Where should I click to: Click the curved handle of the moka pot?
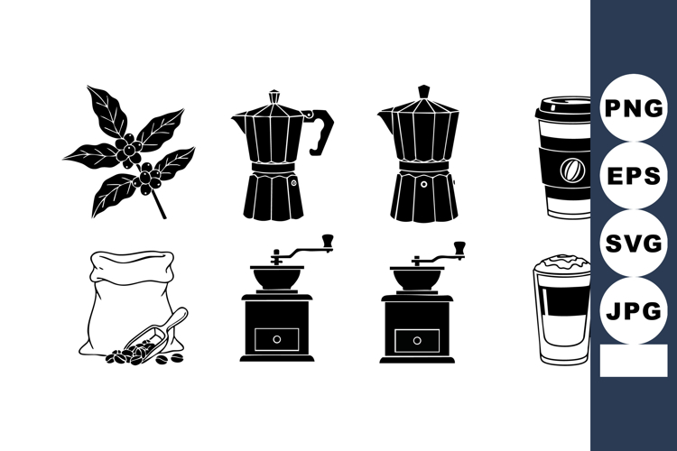tap(322, 131)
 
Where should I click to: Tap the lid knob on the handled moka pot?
tap(274, 95)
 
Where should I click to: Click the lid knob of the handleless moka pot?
tap(423, 92)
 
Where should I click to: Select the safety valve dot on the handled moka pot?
tap(292, 181)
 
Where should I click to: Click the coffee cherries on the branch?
tap(131, 149)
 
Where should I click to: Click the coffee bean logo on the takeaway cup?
tap(570, 169)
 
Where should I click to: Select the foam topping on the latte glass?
tap(561, 263)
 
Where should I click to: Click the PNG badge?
tap(633, 108)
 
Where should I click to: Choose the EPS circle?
tap(633, 176)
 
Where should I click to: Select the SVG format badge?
tap(633, 244)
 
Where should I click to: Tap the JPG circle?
tap(633, 311)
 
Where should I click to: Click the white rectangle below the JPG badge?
tap(632, 361)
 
